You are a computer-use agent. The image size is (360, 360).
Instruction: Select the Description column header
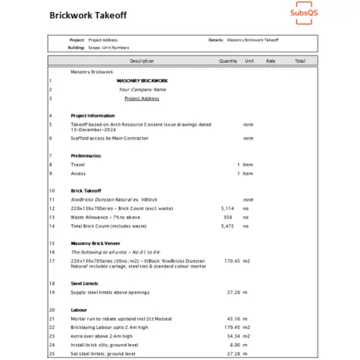141,61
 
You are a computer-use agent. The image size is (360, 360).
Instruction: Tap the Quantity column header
228,61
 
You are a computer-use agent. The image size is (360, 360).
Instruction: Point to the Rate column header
271,61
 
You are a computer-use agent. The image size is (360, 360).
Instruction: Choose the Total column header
300,61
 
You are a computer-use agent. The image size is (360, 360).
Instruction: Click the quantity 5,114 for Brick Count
227,207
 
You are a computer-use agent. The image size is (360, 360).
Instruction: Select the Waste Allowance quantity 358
230,217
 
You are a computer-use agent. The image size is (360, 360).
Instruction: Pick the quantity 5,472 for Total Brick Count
227,226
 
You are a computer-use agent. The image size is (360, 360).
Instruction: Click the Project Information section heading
92,115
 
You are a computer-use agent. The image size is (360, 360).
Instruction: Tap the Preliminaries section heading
85,155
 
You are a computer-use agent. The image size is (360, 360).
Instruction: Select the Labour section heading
78,310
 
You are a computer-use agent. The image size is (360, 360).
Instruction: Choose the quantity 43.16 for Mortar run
233,318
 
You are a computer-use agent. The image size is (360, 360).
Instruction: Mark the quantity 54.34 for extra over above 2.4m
233,336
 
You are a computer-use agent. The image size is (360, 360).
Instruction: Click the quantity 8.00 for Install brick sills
234,344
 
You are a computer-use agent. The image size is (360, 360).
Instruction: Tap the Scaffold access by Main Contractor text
109,139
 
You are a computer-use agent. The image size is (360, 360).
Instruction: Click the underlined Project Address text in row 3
142,98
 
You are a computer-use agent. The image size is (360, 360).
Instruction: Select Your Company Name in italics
142,89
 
